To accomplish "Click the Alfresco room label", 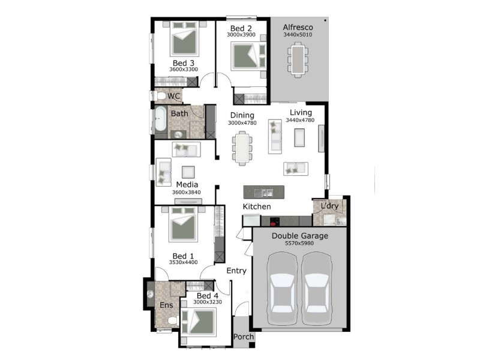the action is (x=298, y=27).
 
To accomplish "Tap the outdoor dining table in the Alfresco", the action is (x=298, y=59).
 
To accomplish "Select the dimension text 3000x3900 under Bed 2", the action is (x=241, y=35).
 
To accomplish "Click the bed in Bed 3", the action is (x=184, y=38).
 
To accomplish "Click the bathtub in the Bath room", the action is (x=160, y=119).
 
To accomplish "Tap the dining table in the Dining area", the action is (x=242, y=148).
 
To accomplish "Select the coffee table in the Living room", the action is (x=299, y=137).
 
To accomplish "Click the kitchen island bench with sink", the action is (x=263, y=192).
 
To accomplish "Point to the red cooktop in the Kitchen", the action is (x=274, y=221).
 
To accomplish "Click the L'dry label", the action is (x=329, y=206).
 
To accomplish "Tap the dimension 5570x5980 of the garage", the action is (x=299, y=244).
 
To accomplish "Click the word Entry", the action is (x=236, y=271).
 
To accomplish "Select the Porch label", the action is (x=244, y=337).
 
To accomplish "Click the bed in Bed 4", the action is (x=199, y=322).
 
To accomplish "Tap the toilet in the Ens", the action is (x=173, y=320).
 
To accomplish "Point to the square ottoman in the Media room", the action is (x=188, y=172).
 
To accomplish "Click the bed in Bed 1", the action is (x=183, y=224).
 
